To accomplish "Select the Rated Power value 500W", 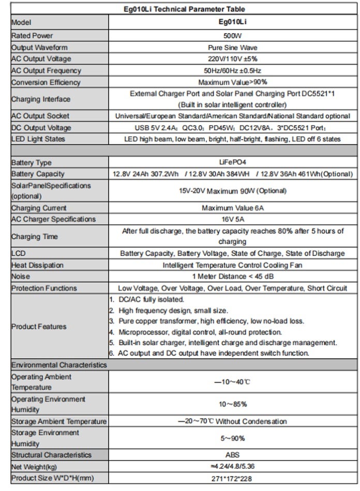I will click(232, 36).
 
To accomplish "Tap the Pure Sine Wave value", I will click(232, 48).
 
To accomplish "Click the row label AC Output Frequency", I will click(46, 71).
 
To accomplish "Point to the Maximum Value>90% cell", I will click(232, 82).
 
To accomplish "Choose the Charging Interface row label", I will click(41, 99).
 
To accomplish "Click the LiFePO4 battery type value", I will click(232, 163).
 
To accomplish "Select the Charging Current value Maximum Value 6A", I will click(232, 208).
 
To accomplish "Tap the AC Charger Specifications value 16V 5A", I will click(232, 219).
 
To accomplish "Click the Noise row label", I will click(21, 277).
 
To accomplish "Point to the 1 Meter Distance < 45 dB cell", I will click(232, 277).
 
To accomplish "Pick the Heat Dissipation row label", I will click(37, 265).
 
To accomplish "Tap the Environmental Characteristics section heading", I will click(59, 365).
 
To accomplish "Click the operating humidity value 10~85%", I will click(232, 404).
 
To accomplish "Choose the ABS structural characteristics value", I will click(232, 455).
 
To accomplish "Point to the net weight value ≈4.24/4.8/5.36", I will click(232, 466).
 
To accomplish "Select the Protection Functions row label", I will click(44, 288).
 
